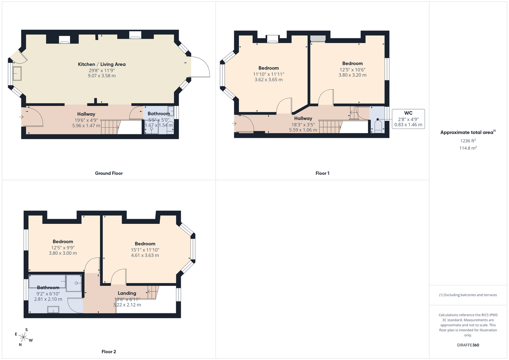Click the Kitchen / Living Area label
(x=101, y=64)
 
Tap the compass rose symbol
(x=25, y=338)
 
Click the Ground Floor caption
(x=109, y=173)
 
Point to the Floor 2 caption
(x=109, y=352)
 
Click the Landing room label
(x=127, y=293)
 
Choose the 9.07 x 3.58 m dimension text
(x=101, y=75)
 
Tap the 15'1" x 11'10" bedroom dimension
(x=145, y=250)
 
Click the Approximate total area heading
(x=468, y=132)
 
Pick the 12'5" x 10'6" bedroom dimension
(x=352, y=70)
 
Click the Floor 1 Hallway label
(x=303, y=118)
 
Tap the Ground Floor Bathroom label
(x=159, y=114)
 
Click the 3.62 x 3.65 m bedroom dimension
(x=268, y=79)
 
